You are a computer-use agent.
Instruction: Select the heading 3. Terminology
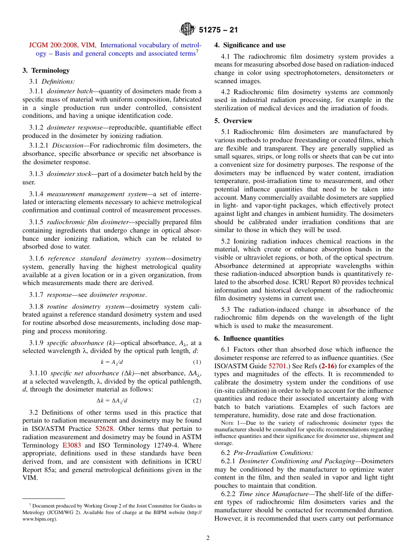pos(46,71)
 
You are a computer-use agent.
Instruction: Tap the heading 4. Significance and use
pos(250,45)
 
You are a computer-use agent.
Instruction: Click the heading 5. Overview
pos(233,121)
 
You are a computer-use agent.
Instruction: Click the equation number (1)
pos(197,362)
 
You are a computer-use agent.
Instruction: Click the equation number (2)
pos(197,401)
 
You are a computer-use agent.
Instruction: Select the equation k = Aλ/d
pos(112,362)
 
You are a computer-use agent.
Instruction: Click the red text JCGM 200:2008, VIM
pos(63,45)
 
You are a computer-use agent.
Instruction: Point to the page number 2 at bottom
pos(208,538)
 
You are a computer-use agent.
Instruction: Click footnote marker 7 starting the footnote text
pos(30,504)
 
